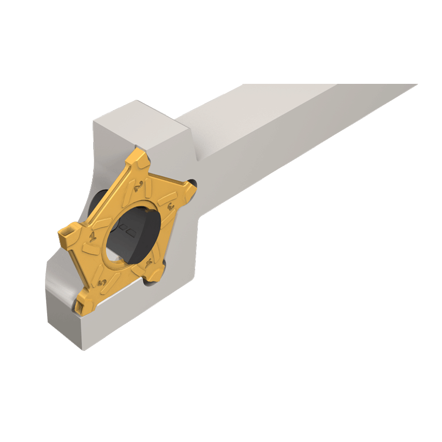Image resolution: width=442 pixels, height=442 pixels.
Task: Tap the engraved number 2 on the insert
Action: (x=137, y=185)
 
